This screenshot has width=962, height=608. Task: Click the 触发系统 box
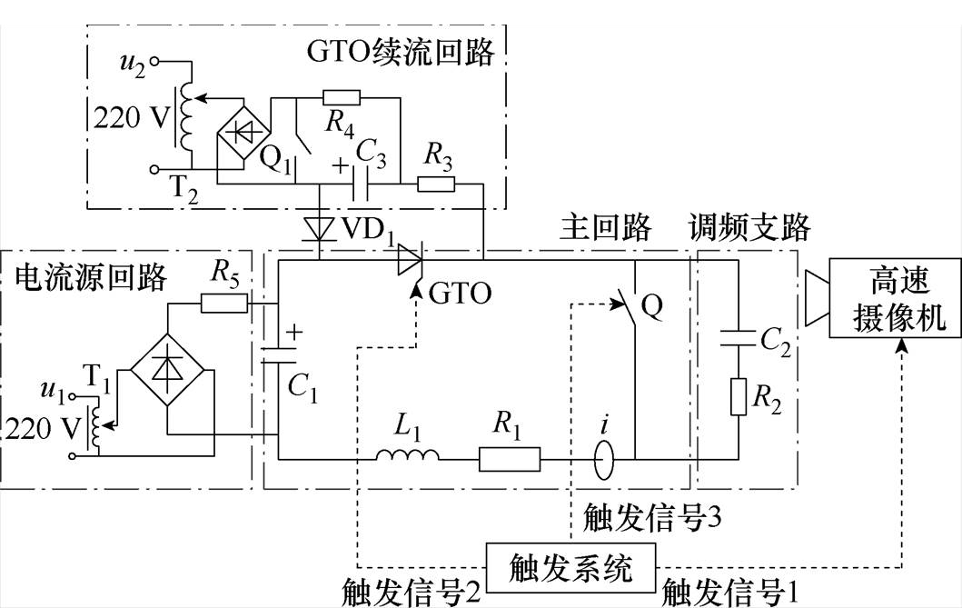coord(570,567)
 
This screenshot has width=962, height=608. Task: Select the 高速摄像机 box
coord(895,298)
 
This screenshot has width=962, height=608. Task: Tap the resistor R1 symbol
coord(510,459)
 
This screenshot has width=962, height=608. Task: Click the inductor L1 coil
coord(407,454)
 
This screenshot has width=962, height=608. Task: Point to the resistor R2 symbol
coord(738,397)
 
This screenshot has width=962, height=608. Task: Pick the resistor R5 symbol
coord(224,303)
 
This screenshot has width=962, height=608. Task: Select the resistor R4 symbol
coord(342,97)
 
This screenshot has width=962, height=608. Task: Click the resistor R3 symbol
coord(436,184)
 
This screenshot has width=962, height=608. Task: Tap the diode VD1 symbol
coord(320,229)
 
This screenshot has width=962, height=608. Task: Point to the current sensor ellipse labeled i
coord(603,459)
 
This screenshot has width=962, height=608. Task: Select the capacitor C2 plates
coord(738,338)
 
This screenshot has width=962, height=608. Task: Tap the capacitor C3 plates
coord(360,184)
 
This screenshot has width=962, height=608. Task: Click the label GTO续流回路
coord(400,52)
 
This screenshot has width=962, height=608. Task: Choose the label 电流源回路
coord(91,276)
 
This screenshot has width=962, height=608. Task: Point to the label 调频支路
coord(749,227)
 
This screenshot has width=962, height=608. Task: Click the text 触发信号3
coord(651,517)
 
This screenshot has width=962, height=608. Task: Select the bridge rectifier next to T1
coord(167,370)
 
